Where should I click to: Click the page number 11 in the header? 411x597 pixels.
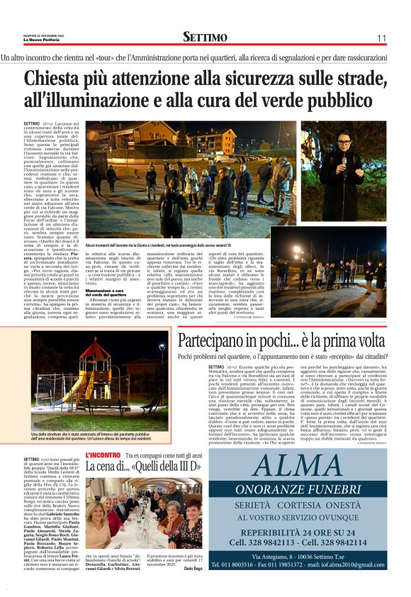tap(381, 38)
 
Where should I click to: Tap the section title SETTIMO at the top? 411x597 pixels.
tap(205, 37)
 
